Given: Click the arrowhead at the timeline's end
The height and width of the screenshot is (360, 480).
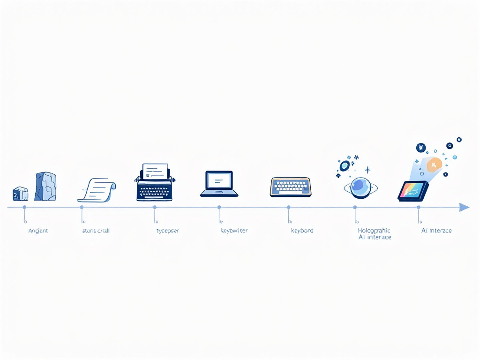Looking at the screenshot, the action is pyautogui.click(x=464, y=207).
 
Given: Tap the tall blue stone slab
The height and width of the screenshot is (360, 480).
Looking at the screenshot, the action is pyautogui.click(x=45, y=187).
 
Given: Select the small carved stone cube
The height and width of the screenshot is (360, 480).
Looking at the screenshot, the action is pyautogui.click(x=20, y=194).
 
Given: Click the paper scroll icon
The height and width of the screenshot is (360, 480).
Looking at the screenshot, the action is pyautogui.click(x=97, y=189).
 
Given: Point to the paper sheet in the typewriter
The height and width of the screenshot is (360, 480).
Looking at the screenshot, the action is pyautogui.click(x=155, y=170).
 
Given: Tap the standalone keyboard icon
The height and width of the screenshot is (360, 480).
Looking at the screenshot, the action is pyautogui.click(x=291, y=187).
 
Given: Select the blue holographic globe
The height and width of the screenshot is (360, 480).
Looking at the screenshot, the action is pyautogui.click(x=360, y=187).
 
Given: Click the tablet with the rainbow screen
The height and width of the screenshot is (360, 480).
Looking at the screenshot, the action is pyautogui.click(x=412, y=191).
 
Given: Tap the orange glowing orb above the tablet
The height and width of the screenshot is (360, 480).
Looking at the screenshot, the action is pyautogui.click(x=434, y=164).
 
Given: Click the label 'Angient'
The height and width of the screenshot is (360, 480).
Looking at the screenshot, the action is pyautogui.click(x=38, y=231).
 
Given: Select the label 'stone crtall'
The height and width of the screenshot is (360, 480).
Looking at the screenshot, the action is pyautogui.click(x=96, y=231).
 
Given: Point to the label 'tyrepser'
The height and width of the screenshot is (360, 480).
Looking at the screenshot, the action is pyautogui.click(x=167, y=231).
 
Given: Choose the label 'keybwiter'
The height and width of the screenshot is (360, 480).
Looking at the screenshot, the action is pyautogui.click(x=234, y=231).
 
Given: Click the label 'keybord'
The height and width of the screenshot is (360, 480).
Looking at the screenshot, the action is pyautogui.click(x=302, y=231).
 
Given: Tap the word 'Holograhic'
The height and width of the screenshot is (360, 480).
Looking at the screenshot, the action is pyautogui.click(x=374, y=231).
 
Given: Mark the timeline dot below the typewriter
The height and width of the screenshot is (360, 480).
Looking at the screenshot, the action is pyautogui.click(x=154, y=207).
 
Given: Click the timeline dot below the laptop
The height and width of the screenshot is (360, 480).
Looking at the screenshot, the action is pyautogui.click(x=219, y=207).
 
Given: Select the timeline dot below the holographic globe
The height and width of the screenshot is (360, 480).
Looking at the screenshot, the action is pyautogui.click(x=355, y=207).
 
